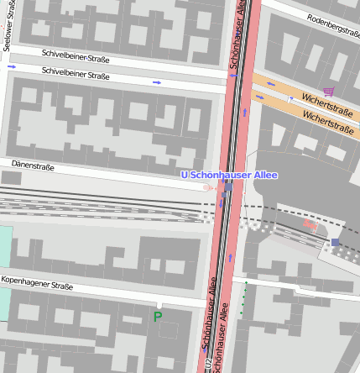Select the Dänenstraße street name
point(34,166)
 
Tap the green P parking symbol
point(157,317)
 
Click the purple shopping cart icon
point(328,92)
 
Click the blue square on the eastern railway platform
point(336,242)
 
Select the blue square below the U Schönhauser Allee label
point(227,187)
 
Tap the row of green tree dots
point(245,299)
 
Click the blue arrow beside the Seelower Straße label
point(12,66)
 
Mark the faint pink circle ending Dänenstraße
point(207,186)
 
